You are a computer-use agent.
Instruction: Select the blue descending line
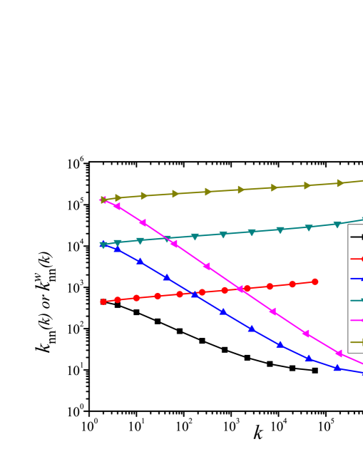[x=235, y=319]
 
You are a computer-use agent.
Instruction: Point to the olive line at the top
[x=257, y=188]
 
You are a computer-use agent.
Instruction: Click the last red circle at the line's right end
[x=315, y=282]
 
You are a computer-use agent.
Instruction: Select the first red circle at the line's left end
[x=103, y=301]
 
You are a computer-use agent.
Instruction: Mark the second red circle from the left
[x=118, y=299]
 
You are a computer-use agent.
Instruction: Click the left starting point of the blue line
[x=103, y=244]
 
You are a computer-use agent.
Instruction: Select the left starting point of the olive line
[x=103, y=200]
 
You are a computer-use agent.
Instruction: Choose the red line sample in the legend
[x=356, y=259]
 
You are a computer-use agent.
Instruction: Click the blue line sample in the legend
[x=356, y=279]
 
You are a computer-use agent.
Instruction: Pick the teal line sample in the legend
[x=356, y=300]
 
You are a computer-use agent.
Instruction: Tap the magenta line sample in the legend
[x=356, y=321]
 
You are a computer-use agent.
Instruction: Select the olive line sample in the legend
[x=356, y=342]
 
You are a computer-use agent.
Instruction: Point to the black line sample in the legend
[x=356, y=237]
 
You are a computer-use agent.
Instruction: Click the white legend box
[x=356, y=289]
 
